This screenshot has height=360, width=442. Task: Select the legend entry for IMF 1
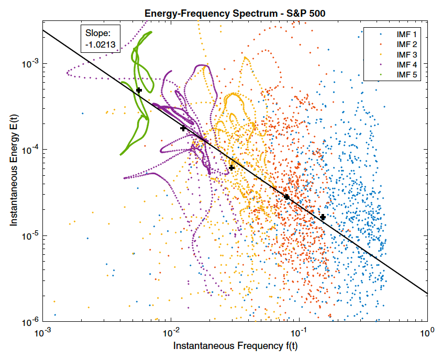point(407,34)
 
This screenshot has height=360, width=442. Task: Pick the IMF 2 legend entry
point(407,44)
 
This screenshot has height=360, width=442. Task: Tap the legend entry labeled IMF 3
point(407,54)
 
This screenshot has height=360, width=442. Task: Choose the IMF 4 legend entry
point(407,64)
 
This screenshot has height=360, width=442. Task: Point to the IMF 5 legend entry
point(407,74)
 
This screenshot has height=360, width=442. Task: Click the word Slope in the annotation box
point(98,34)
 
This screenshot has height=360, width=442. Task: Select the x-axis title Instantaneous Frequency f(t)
point(235,346)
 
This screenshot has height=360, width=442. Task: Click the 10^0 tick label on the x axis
point(428,333)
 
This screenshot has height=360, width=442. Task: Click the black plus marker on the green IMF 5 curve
point(139,91)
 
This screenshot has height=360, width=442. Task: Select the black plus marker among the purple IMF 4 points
point(183,128)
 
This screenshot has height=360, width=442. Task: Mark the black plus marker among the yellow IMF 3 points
point(232,167)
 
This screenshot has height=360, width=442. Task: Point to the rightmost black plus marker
point(323,217)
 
